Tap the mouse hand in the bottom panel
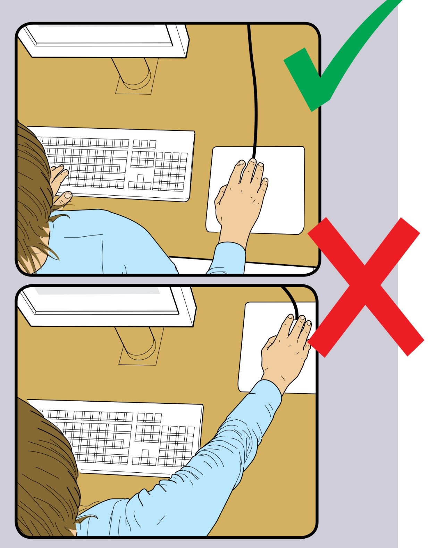285,350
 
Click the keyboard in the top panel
118,163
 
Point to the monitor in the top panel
104,38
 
